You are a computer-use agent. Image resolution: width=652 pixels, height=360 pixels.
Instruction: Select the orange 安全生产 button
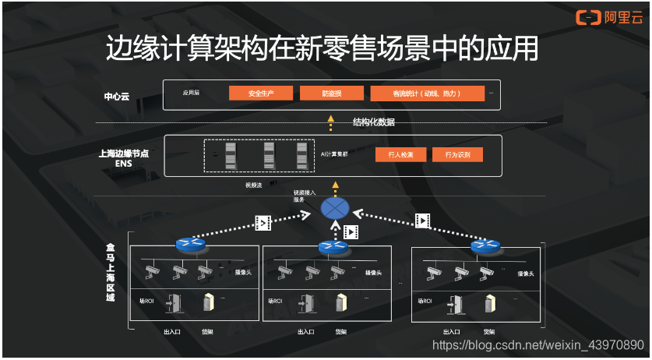[261, 94]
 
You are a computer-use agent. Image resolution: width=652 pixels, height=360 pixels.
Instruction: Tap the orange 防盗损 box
[332, 94]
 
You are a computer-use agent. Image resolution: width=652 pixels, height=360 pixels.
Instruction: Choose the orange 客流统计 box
[427, 94]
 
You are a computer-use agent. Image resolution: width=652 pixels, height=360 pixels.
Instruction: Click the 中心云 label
[117, 97]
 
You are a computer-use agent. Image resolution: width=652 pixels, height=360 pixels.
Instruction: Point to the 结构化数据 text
[374, 122]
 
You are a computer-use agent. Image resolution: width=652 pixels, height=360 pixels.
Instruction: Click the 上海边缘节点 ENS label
[118, 158]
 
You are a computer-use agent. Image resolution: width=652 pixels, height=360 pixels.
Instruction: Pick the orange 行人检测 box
[400, 154]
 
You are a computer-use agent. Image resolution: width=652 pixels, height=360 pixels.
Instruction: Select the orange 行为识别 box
[457, 154]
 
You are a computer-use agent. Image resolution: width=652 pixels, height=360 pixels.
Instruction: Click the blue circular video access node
[336, 209]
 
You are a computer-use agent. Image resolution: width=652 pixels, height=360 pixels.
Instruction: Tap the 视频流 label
[254, 185]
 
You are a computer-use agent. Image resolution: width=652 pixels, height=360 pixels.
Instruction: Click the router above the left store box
[189, 245]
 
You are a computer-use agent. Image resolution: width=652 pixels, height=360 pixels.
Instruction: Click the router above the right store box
[485, 245]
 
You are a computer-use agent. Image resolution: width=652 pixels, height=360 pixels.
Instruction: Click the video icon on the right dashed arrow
[423, 221]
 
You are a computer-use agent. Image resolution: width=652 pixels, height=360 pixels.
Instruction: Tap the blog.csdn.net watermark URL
[538, 344]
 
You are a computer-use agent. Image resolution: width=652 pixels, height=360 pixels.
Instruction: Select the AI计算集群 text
[335, 154]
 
